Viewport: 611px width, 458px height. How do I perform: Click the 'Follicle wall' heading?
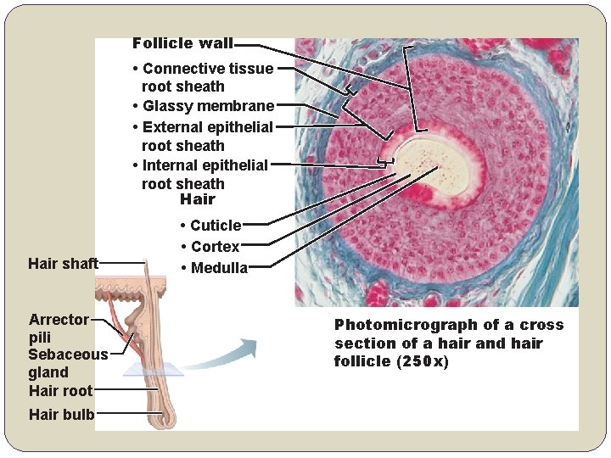(x=182, y=43)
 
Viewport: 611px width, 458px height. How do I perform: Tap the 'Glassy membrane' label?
(x=208, y=106)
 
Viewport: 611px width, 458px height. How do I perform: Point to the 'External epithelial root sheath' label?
(x=204, y=136)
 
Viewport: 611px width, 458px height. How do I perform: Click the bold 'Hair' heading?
(x=198, y=200)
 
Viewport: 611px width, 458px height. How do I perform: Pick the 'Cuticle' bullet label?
(x=216, y=226)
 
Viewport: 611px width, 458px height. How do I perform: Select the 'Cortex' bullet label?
(x=216, y=247)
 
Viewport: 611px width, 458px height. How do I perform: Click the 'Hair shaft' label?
(x=63, y=264)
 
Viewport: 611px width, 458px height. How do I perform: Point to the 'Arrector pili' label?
(x=59, y=327)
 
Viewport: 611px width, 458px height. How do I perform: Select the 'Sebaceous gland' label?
(x=68, y=363)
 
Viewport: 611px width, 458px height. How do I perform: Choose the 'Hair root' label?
(x=60, y=391)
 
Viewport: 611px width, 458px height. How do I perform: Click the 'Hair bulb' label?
(x=61, y=415)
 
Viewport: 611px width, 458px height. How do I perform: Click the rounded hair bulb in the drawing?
(x=165, y=416)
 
